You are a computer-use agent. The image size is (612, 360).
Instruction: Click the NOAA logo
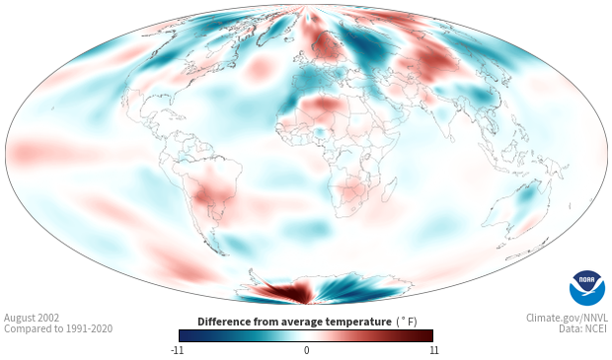[587, 288]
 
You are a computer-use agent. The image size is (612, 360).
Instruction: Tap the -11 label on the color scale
[177, 350]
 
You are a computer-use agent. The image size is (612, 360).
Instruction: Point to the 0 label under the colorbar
[306, 350]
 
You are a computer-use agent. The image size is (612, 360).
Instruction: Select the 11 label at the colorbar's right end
[434, 350]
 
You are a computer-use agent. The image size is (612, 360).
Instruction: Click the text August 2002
[32, 318]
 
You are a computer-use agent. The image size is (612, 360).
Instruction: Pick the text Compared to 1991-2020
[58, 328]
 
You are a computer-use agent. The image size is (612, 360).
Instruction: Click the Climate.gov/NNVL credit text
[567, 318]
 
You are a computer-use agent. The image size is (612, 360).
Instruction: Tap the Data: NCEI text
[583, 328]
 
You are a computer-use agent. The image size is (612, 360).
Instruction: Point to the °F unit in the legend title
[407, 322]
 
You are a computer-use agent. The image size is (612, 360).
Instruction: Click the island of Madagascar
[388, 189]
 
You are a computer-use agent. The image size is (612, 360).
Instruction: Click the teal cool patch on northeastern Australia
[528, 194]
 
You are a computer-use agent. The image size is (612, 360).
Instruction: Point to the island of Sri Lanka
[451, 138]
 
